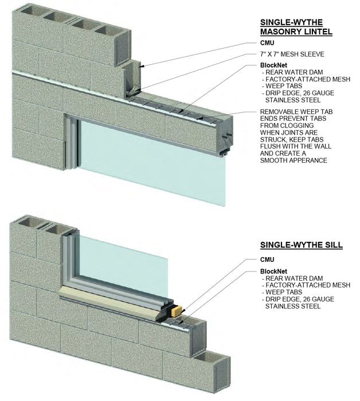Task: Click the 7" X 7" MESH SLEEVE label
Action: pos(292,54)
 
